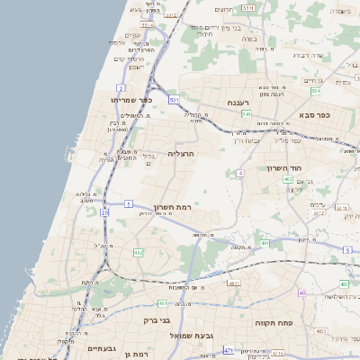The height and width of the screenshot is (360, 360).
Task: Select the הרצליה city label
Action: click(x=182, y=155)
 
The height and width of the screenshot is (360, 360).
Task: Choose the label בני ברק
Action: click(x=157, y=319)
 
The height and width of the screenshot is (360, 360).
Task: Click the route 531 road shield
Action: click(x=174, y=99)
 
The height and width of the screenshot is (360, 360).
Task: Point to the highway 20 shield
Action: click(x=104, y=212)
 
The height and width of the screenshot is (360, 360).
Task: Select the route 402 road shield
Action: click(x=288, y=179)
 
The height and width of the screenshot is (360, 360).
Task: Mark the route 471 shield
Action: click(x=229, y=350)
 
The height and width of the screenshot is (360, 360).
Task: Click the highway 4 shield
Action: click(x=240, y=172)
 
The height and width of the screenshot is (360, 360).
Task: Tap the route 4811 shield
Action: click(x=234, y=283)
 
